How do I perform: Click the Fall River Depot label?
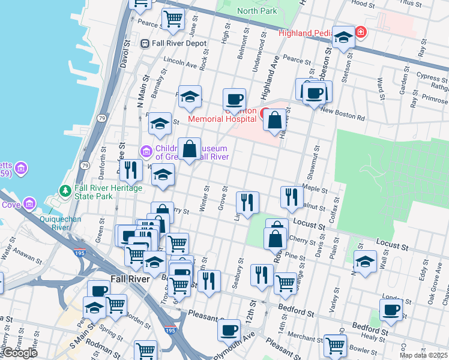[179, 43]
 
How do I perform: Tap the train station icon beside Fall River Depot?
[145, 43]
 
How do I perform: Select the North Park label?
[257, 11]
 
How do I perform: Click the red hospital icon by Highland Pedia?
[360, 32]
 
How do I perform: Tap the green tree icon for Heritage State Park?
[65, 191]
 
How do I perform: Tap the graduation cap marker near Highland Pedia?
[344, 37]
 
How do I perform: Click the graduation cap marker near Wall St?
[364, 261]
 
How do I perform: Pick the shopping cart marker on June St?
[173, 19]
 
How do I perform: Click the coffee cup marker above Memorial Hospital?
[235, 98]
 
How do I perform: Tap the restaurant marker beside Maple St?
[291, 196]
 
